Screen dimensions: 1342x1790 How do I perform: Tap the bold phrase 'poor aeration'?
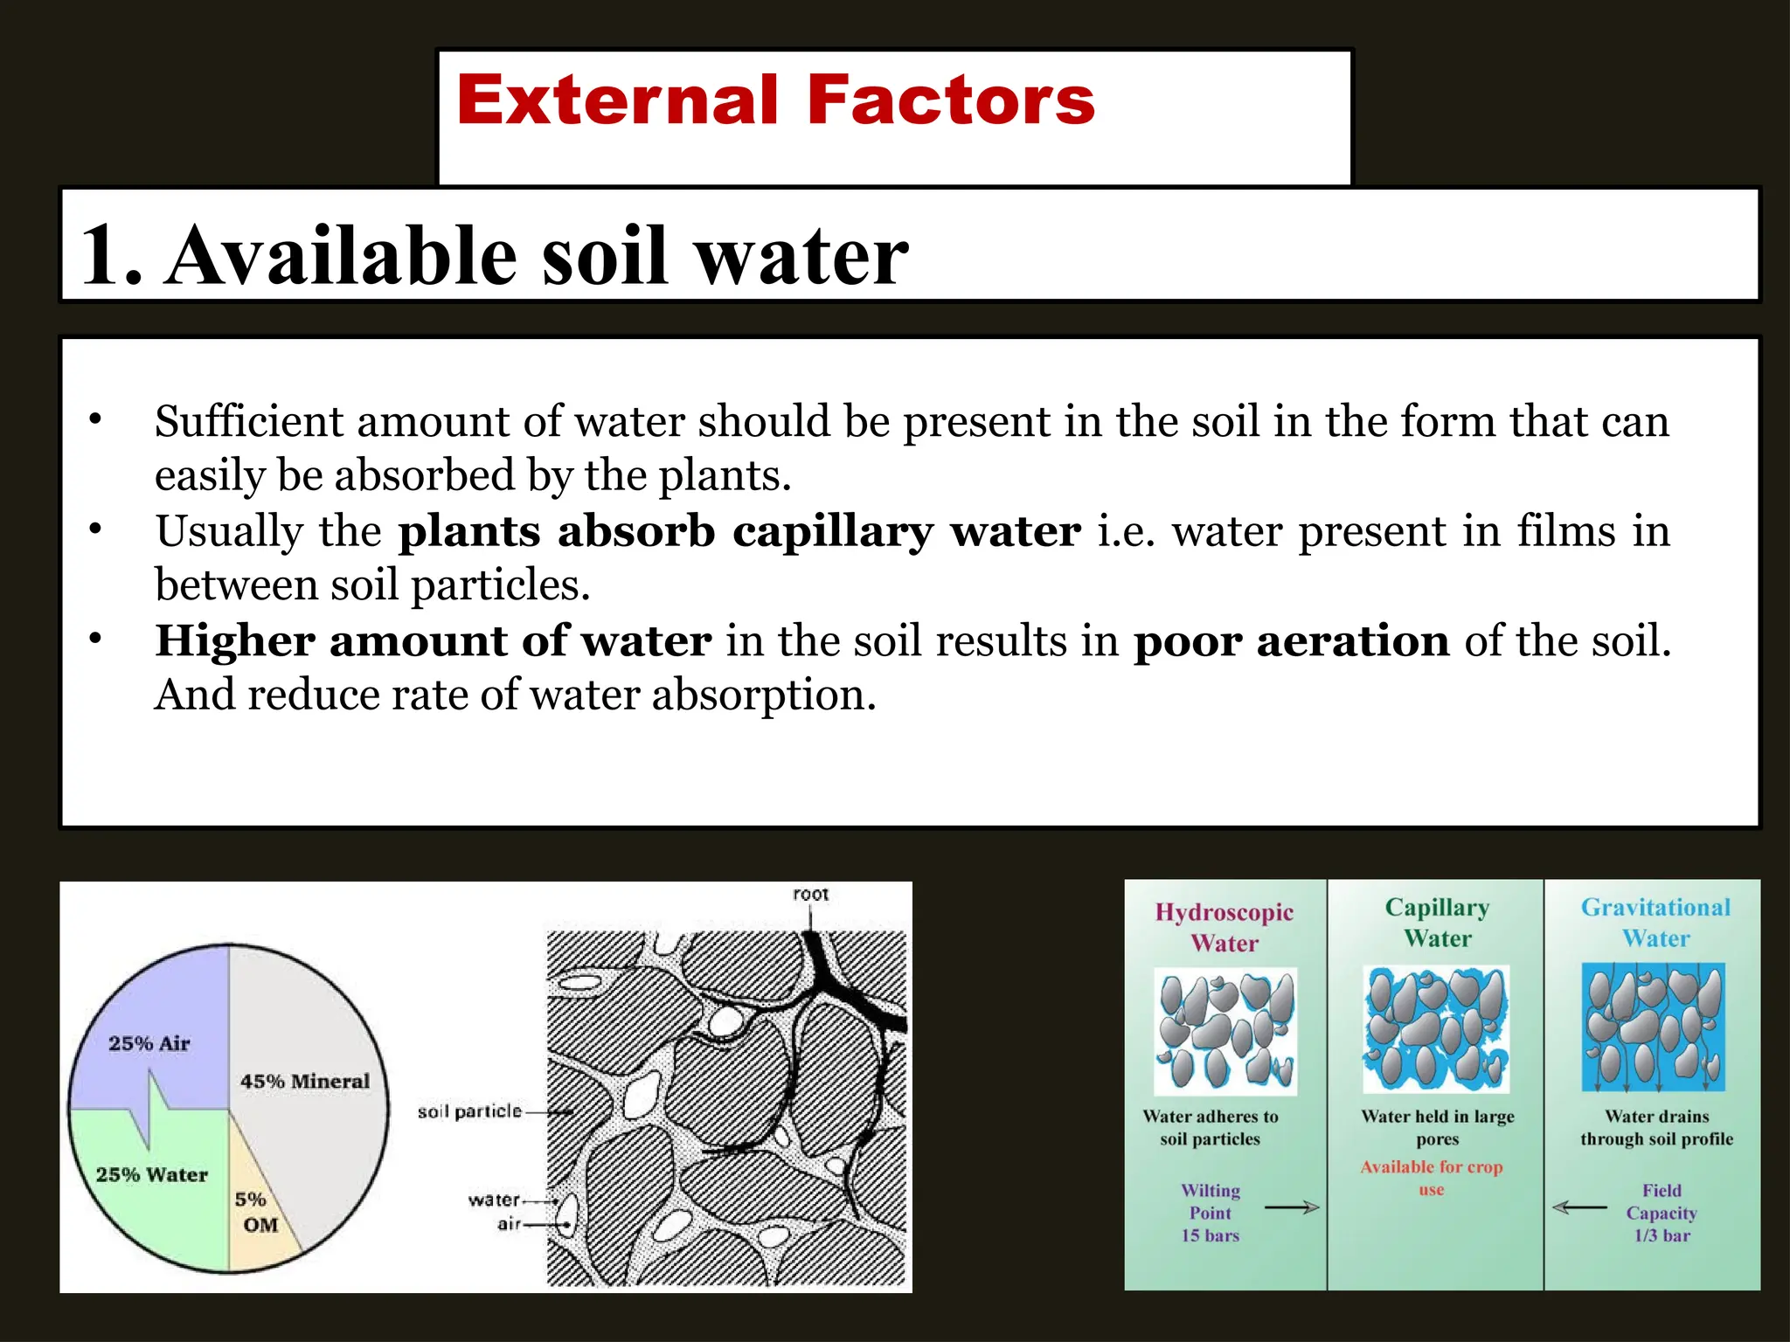tap(1292, 641)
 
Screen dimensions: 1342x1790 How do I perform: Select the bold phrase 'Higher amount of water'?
tap(434, 641)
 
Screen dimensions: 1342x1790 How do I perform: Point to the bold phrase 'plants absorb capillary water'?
tap(739, 531)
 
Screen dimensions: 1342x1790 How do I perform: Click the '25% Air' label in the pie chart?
tap(149, 1043)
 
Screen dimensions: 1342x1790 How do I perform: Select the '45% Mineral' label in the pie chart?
tap(305, 1082)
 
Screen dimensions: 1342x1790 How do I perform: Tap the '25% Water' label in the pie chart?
tap(152, 1175)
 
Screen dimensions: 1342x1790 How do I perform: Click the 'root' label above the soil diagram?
tap(810, 895)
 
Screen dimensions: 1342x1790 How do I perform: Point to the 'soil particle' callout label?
tap(469, 1111)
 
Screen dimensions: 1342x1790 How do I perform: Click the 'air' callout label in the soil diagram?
tap(509, 1224)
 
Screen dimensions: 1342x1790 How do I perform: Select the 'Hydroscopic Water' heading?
tap(1225, 927)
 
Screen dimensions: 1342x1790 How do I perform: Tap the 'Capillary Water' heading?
tap(1438, 923)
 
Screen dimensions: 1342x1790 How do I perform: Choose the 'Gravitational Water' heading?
tap(1655, 923)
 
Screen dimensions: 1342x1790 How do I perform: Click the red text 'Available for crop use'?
tap(1432, 1178)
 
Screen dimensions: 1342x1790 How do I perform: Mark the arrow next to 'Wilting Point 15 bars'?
tap(1292, 1207)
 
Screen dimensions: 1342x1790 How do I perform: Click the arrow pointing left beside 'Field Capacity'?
tap(1579, 1207)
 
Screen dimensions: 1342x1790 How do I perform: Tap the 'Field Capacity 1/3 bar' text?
tap(1662, 1213)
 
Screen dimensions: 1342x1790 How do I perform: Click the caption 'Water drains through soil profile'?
tap(1656, 1128)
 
